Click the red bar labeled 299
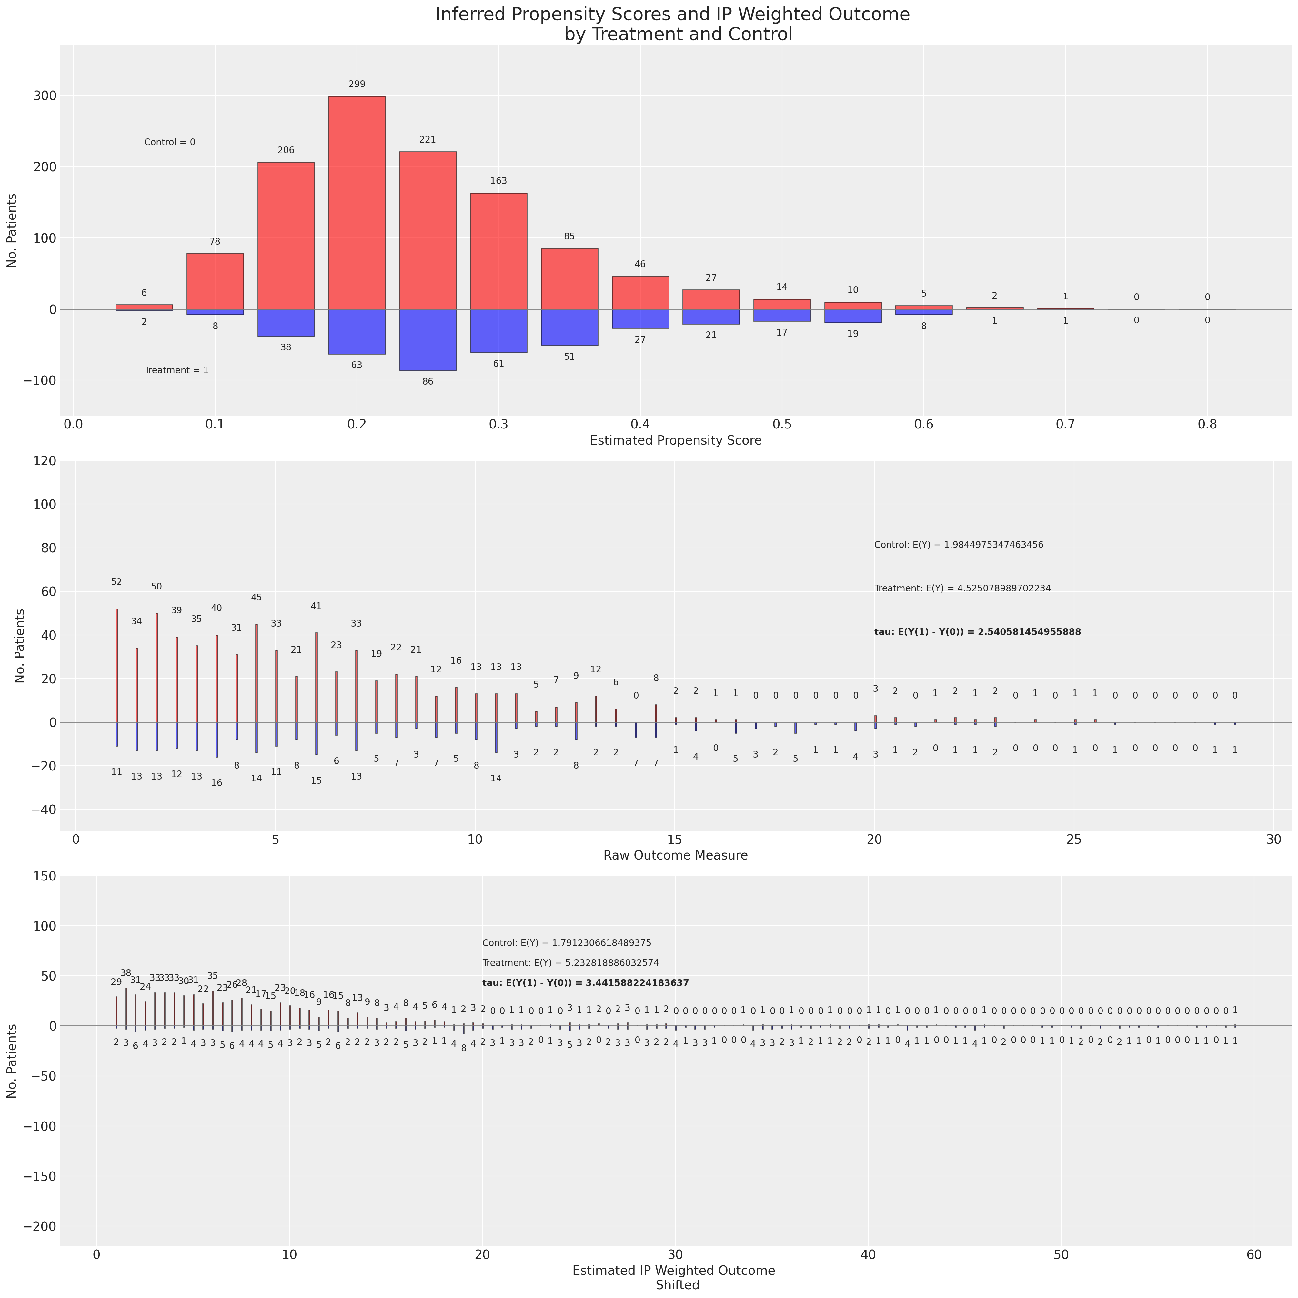pos(357,202)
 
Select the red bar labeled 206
pos(286,235)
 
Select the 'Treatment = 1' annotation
pos(176,370)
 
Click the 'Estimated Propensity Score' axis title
pos(675,441)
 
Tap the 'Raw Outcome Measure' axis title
pos(675,855)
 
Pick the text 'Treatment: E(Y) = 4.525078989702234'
pos(962,589)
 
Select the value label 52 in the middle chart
pos(116,582)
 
